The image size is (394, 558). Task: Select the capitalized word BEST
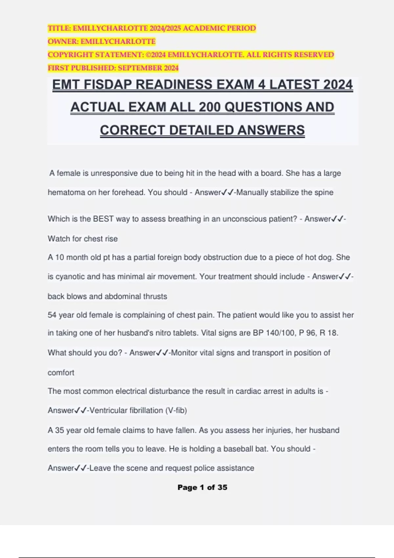click(103, 219)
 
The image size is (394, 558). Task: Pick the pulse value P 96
click(307, 333)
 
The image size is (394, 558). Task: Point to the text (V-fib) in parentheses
click(176, 410)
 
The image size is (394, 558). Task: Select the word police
click(203, 468)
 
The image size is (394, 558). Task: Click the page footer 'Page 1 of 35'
click(202, 487)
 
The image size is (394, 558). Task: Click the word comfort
click(61, 373)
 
